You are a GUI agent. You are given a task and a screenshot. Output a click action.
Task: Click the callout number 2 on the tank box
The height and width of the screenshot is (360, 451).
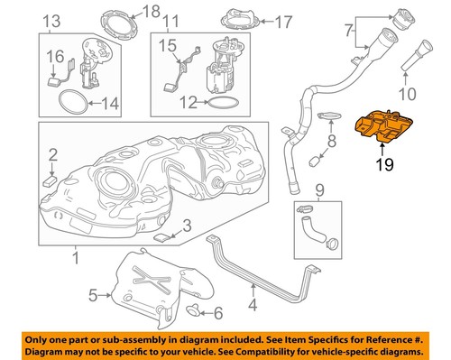[52, 154]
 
